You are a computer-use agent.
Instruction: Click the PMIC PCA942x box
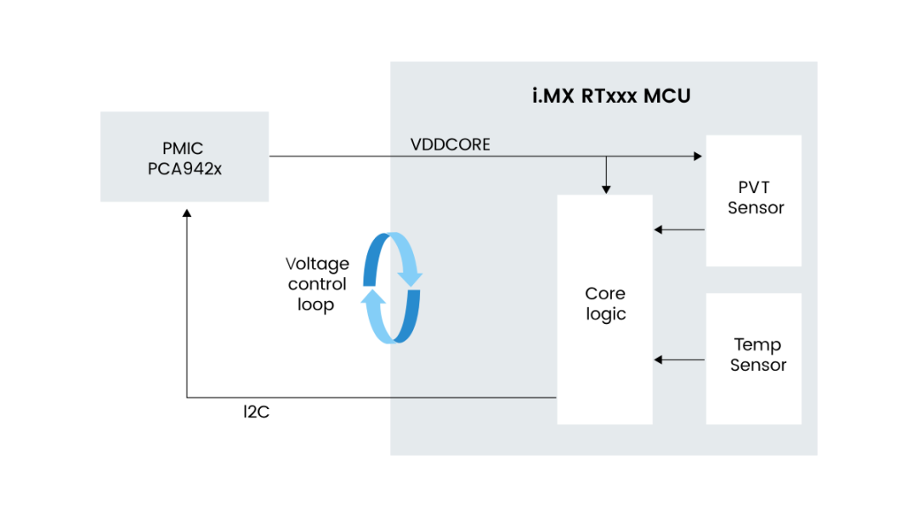(184, 156)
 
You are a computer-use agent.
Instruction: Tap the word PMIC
(184, 149)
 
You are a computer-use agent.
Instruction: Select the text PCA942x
(184, 168)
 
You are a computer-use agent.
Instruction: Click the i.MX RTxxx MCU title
(611, 96)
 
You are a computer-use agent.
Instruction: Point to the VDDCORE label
(450, 145)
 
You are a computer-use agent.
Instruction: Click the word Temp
(757, 344)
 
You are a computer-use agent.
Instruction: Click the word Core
(605, 293)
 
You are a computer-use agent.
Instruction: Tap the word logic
(606, 314)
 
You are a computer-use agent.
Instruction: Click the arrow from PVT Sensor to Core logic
(680, 230)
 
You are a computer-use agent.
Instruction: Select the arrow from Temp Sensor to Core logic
(680, 360)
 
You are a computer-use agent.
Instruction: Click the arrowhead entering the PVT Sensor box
(698, 156)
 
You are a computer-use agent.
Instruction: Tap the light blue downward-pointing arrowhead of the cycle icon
(411, 277)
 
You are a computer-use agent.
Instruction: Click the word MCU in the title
(667, 96)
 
